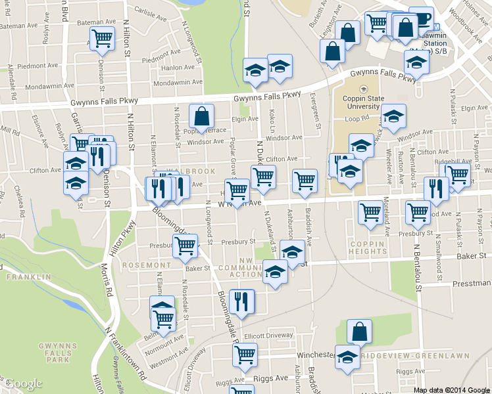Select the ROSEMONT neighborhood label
coord(145,265)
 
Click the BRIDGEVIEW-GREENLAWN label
coord(415,355)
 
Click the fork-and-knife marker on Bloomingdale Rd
coord(242,301)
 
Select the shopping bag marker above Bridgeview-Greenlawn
coord(359,331)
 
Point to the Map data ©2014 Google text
coord(451,389)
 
